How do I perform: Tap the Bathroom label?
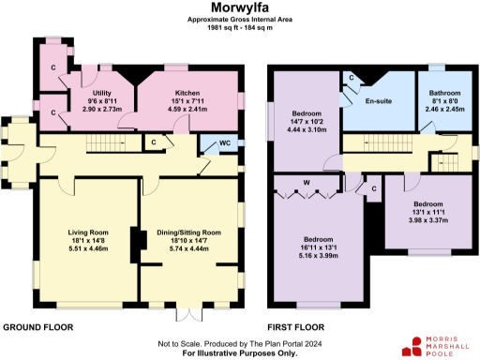coord(444,93)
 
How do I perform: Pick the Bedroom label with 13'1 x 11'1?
coord(428,203)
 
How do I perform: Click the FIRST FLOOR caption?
coord(295,327)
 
